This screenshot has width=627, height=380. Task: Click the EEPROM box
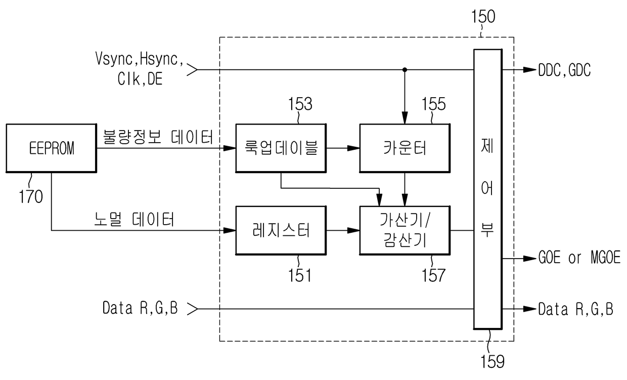[x=52, y=148]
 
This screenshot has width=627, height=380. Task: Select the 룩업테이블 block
[x=281, y=148]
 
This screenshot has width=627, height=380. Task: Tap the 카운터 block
[x=405, y=148]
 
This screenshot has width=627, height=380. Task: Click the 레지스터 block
[x=281, y=230]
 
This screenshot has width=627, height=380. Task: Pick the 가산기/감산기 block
[x=405, y=230]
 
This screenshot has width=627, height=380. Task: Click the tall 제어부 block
[x=487, y=189]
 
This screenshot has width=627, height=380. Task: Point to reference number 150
[x=483, y=16]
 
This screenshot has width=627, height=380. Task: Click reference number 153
[x=300, y=104]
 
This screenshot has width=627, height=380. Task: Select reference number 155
[x=433, y=104]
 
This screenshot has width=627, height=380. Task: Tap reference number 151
[x=300, y=275]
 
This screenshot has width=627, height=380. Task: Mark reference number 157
[x=433, y=275]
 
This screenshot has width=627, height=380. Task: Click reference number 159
[x=492, y=361]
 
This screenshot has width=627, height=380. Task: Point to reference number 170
[x=31, y=196]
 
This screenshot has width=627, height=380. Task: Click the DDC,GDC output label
[x=564, y=70]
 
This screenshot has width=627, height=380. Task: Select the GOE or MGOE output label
[x=579, y=257]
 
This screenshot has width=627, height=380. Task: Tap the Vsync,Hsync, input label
[x=140, y=59]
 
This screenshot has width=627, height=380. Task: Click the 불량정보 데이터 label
[x=158, y=137]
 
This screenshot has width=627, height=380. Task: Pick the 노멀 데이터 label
[x=135, y=219]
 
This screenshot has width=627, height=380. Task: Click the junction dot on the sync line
[x=405, y=69]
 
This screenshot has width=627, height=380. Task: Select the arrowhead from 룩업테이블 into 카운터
[x=353, y=148]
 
